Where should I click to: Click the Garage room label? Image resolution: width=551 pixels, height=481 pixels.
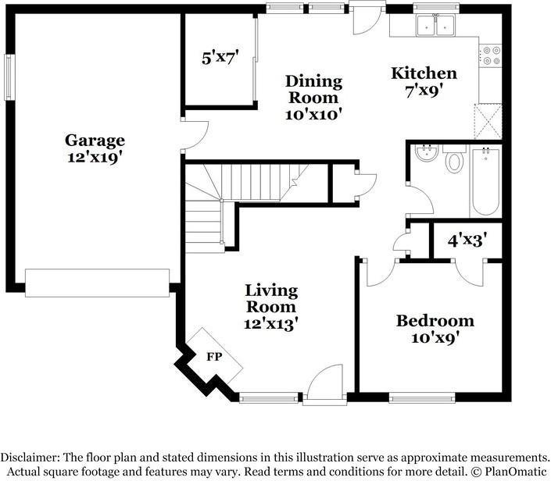pyautogui.click(x=95, y=141)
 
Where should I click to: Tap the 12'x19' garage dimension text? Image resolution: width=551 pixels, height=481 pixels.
pyautogui.click(x=95, y=156)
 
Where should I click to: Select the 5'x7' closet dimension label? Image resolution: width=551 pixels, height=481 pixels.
pyautogui.click(x=220, y=57)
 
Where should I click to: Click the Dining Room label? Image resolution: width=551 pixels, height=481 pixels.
pyautogui.click(x=313, y=89)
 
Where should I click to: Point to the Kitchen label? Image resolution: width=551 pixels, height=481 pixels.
pyautogui.click(x=424, y=73)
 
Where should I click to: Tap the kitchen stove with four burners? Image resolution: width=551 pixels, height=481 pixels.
pyautogui.click(x=491, y=55)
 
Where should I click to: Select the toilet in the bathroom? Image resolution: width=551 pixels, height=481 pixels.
pyautogui.click(x=454, y=161)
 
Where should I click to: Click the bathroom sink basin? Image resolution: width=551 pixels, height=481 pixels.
pyautogui.click(x=426, y=153)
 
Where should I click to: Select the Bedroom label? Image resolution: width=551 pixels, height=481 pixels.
pyautogui.click(x=435, y=321)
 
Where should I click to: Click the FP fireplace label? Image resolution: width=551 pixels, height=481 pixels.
pyautogui.click(x=213, y=357)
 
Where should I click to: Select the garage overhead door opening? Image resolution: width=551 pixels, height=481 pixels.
pyautogui.click(x=97, y=283)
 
